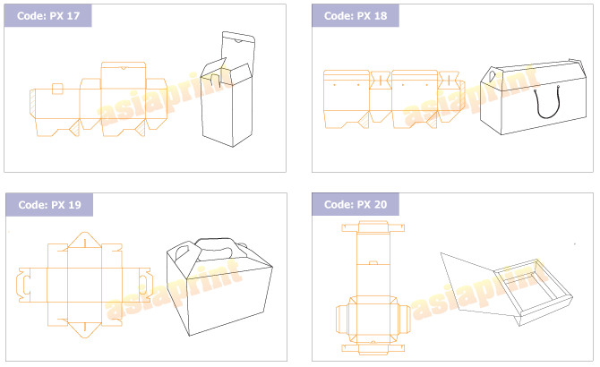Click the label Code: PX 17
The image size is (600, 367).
(x=48, y=16)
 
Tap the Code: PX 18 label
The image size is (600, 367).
(x=356, y=16)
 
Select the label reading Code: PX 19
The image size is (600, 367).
(x=50, y=204)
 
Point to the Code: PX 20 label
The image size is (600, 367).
(x=356, y=204)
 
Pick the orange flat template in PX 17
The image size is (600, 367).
(x=99, y=99)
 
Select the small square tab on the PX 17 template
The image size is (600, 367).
(x=57, y=89)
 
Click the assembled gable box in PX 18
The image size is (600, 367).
(x=533, y=98)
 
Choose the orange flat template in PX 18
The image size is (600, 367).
(x=394, y=99)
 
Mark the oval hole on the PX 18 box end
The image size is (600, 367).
(x=492, y=75)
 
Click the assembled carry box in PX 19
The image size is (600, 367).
(x=219, y=286)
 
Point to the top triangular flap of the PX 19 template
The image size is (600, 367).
(x=85, y=241)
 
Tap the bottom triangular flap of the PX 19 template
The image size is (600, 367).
(x=85, y=329)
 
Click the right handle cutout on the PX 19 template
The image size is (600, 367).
(x=145, y=285)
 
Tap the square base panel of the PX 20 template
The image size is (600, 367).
(x=373, y=319)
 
